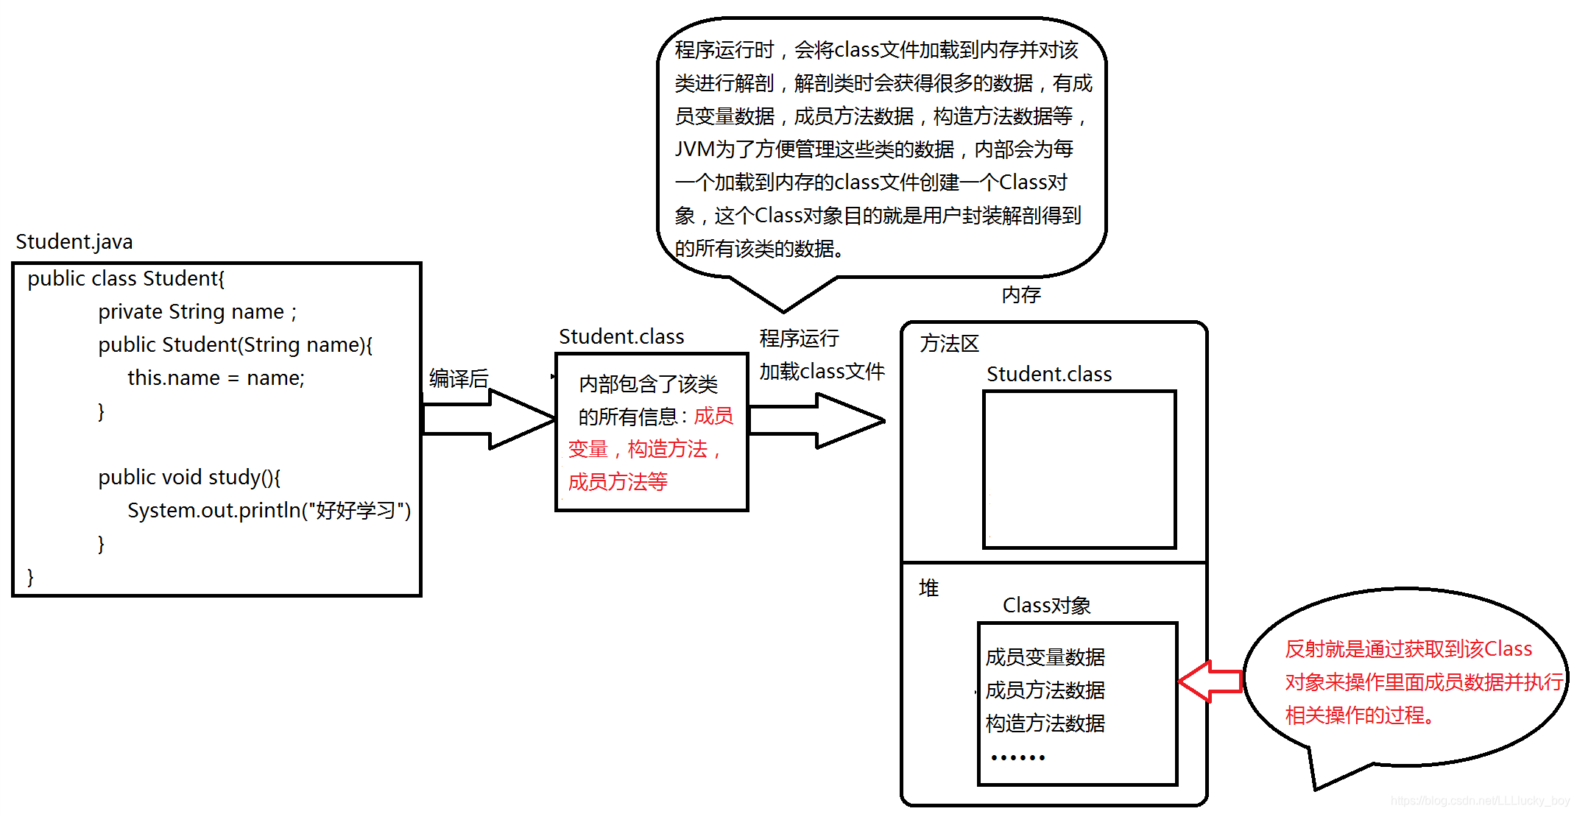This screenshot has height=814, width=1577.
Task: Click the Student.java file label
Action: [x=74, y=242]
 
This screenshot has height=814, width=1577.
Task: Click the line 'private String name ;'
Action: [x=197, y=312]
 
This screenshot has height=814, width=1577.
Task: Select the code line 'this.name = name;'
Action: [x=216, y=378]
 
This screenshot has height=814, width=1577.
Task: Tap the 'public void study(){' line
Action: [x=189, y=478]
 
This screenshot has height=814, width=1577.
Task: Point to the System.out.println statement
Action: [x=269, y=511]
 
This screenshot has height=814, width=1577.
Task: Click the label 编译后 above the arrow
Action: [x=459, y=379]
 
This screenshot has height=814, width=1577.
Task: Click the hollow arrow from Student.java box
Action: [x=488, y=419]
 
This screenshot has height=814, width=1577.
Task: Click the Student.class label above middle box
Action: [x=621, y=337]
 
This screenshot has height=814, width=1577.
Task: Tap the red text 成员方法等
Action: [x=618, y=482]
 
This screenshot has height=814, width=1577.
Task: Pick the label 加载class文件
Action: [x=822, y=372]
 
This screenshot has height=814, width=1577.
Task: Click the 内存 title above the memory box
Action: [x=1021, y=295]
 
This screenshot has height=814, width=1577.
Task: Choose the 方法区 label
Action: [x=949, y=344]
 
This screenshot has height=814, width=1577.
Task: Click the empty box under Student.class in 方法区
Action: [x=1079, y=470]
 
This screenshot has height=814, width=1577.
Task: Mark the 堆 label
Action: [x=929, y=588]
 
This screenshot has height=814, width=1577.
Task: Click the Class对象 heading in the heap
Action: [x=1046, y=606]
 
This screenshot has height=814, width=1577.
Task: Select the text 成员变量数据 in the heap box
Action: [x=1045, y=657]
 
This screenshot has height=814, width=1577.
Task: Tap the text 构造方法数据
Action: [x=1045, y=723]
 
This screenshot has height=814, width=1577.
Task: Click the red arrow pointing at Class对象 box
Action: [x=1210, y=681]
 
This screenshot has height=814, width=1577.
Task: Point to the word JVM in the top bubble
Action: [x=694, y=149]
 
